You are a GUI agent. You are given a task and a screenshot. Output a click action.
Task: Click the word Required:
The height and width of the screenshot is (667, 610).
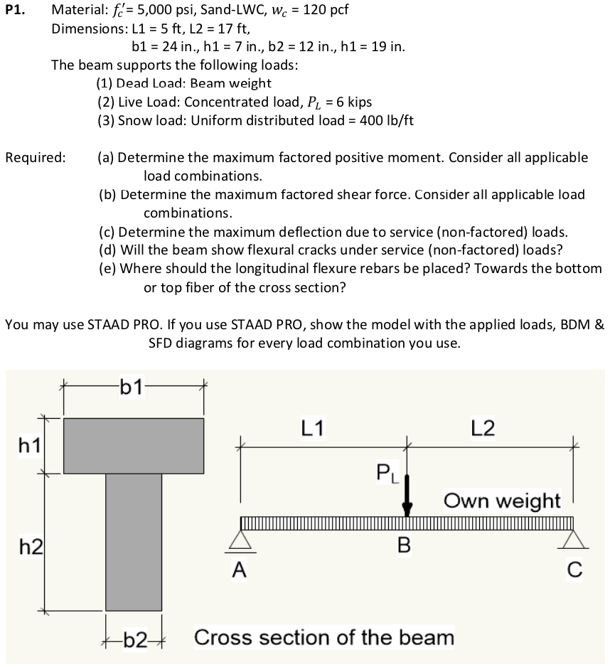click(x=36, y=157)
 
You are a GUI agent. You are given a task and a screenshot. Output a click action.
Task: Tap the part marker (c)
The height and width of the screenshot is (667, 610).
click(x=107, y=232)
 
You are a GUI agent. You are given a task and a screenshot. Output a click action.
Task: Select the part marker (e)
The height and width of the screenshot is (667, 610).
click(x=107, y=269)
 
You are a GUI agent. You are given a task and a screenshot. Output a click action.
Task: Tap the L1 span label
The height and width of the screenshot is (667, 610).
click(x=313, y=428)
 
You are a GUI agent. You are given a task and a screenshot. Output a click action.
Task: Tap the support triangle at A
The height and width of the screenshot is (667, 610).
click(x=240, y=541)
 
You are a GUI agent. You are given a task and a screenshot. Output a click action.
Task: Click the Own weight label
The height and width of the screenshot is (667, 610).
click(x=503, y=500)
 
